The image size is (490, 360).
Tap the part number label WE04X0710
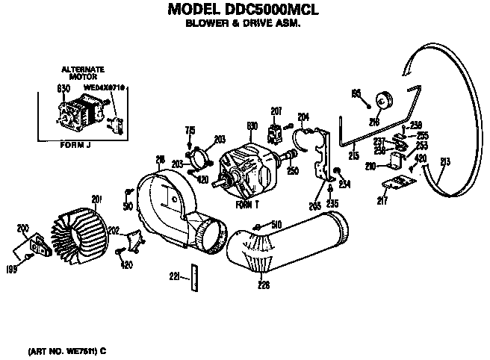(104, 88)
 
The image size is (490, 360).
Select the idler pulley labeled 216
(386, 100)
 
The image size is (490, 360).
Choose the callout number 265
(314, 205)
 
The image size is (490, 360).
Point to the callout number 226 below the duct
(263, 282)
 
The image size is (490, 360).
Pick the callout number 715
(190, 129)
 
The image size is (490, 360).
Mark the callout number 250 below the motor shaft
(292, 171)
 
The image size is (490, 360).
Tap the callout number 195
(356, 92)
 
